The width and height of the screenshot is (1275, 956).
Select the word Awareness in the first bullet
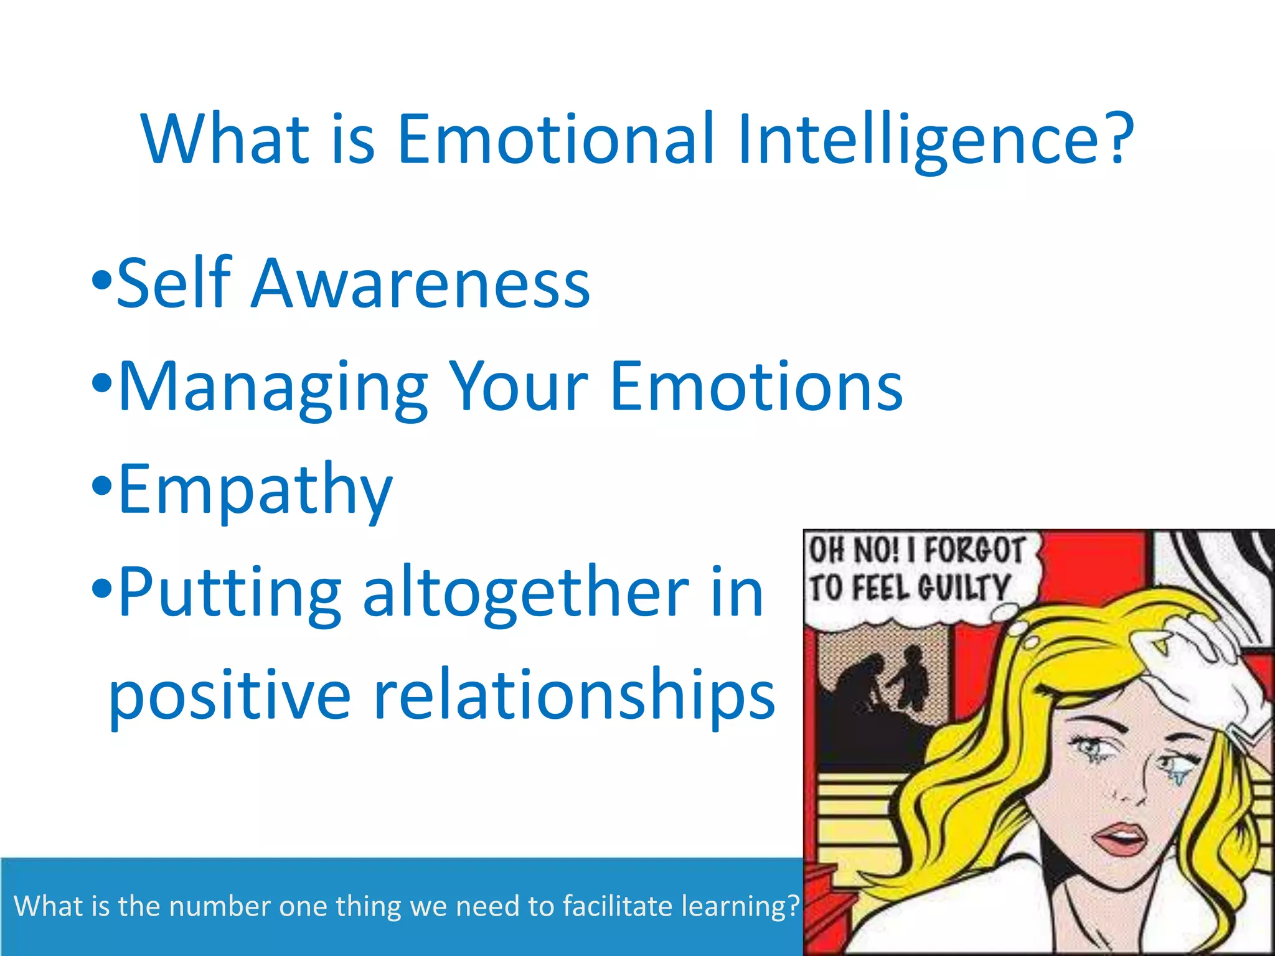(420, 284)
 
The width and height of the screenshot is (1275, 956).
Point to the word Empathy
(255, 490)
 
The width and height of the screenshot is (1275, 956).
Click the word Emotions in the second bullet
(756, 387)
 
